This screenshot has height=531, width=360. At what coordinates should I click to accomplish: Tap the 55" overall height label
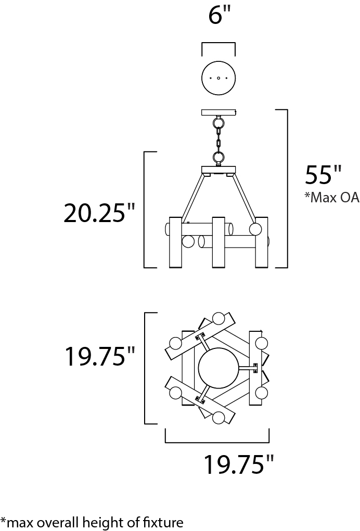[x=323, y=175]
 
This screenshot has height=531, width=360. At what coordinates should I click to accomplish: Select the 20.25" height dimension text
[x=99, y=212]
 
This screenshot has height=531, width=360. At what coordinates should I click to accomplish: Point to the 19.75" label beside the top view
[x=99, y=356]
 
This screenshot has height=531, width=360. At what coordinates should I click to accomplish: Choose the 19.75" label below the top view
[x=238, y=464]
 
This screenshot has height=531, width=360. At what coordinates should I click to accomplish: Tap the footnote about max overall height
[x=92, y=522]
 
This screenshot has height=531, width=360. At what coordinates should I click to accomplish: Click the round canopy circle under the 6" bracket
[x=218, y=78]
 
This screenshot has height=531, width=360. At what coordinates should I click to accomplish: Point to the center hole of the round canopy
[x=218, y=78]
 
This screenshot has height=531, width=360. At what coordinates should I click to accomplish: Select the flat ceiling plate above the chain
[x=218, y=112]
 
